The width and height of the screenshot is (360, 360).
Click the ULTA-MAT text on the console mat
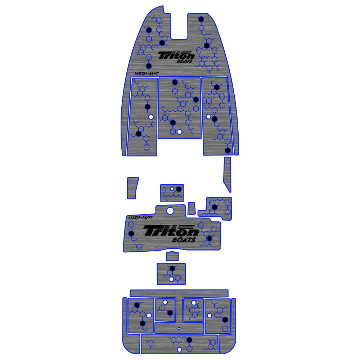coord(137,217)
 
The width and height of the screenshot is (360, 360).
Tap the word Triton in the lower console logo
coord(171,231)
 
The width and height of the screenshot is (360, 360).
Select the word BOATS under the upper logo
coord(184,62)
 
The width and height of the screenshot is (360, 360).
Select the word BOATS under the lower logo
coord(184,240)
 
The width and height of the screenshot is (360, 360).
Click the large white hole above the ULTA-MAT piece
coord(170,211)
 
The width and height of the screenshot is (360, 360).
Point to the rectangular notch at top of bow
coord(179,27)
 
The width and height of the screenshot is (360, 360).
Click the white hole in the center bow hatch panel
coord(179,132)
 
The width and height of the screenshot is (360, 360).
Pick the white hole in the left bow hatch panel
coord(151,117)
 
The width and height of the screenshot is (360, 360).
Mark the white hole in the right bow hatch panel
coord(208,117)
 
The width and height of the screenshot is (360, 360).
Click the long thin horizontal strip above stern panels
coord(179,293)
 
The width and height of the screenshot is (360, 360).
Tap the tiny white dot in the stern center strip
coord(179,328)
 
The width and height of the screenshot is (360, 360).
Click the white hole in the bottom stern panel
coord(179,350)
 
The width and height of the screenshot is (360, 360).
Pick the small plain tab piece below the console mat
coord(172,256)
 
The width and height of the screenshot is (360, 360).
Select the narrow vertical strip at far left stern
coord(125,317)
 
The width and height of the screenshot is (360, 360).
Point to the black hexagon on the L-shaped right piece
coord(215,207)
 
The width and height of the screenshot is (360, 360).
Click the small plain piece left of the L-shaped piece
coord(192,208)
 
